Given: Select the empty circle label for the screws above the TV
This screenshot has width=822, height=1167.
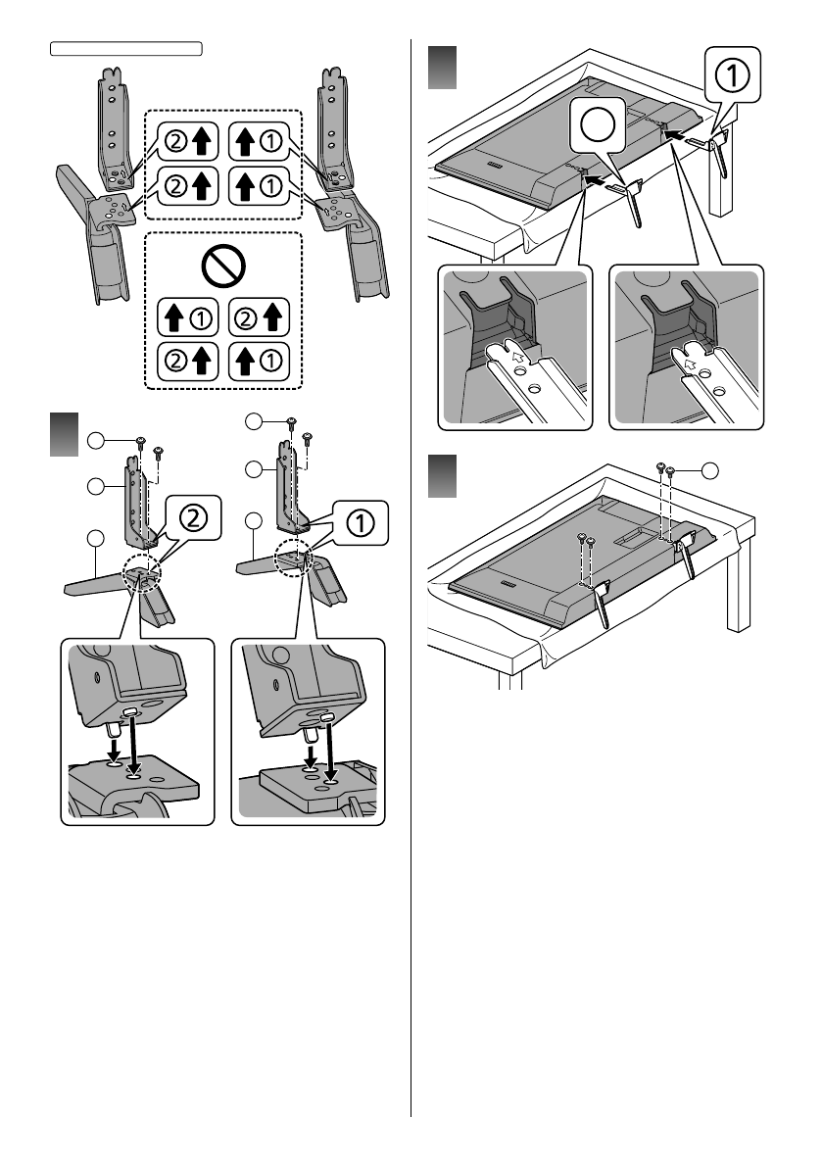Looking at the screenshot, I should coord(709,471).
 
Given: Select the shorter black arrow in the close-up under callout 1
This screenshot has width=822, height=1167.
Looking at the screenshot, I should coord(312,752).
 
